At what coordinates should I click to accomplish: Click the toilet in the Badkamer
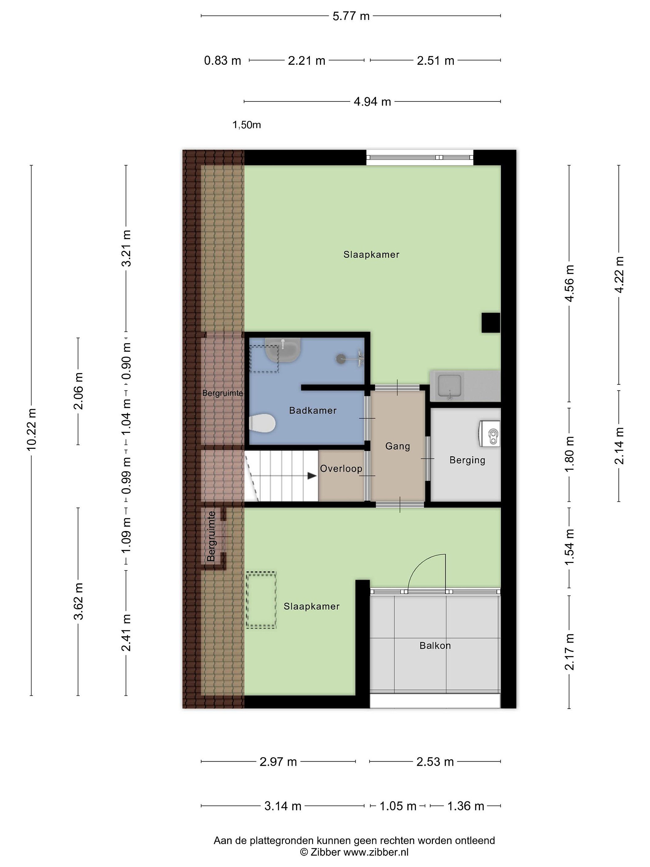click(262, 423)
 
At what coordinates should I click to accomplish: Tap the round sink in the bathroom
click(283, 350)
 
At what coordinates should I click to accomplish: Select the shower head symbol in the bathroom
click(341, 358)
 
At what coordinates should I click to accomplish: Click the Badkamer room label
click(313, 410)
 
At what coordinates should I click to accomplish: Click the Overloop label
click(341, 468)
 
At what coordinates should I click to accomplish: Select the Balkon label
click(435, 645)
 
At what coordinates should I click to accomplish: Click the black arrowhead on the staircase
click(312, 476)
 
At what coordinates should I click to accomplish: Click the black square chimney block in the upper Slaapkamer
click(491, 323)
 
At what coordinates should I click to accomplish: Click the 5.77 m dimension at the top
click(351, 16)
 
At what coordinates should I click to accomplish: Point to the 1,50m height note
click(247, 125)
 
